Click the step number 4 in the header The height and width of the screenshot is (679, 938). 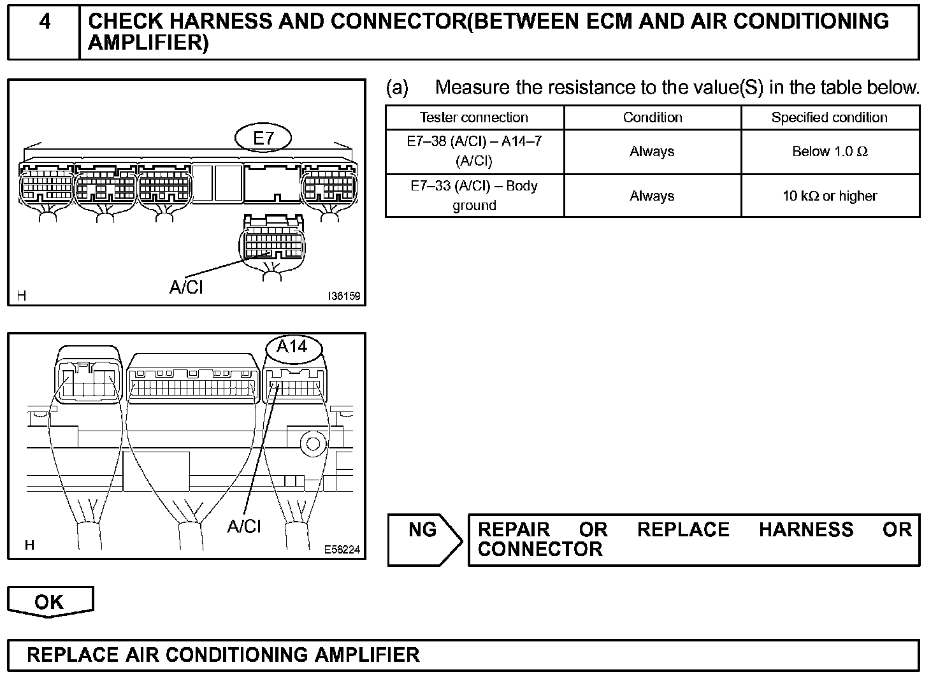tap(45, 22)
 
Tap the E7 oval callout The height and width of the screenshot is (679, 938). tap(263, 138)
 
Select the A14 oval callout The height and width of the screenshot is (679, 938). tap(292, 347)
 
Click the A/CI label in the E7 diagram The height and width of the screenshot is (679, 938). tap(186, 287)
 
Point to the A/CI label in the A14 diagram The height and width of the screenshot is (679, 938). tap(244, 526)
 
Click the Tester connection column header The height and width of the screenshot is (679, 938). tap(474, 118)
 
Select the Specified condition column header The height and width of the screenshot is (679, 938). tap(829, 118)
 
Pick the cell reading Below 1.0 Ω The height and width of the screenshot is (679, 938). tap(829, 152)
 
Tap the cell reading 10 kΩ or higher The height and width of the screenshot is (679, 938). tap(829, 196)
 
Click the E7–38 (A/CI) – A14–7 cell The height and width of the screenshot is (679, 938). tap(474, 151)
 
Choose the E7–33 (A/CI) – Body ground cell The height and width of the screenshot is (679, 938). tap(474, 196)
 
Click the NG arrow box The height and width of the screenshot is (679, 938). tap(424, 540)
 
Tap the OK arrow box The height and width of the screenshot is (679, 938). tap(50, 602)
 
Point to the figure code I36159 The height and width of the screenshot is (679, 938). tap(343, 296)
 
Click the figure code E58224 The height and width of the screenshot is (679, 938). tap(342, 549)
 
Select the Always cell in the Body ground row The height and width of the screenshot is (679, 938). tap(652, 196)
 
